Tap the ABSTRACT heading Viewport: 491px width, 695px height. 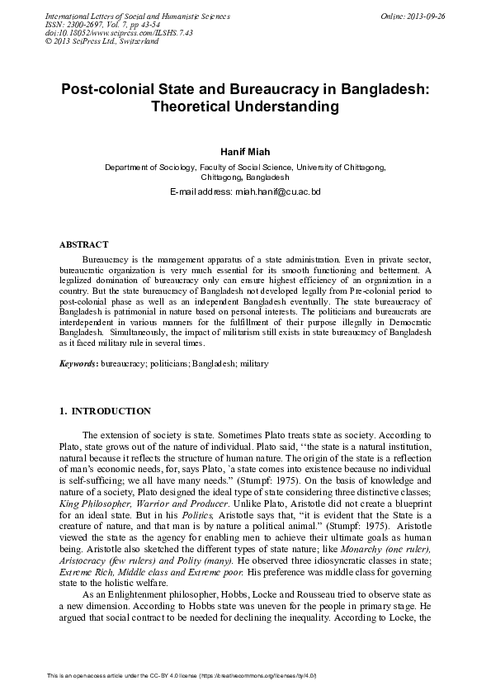click(84, 245)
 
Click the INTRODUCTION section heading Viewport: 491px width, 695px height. click(111, 411)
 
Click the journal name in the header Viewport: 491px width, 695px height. click(126, 17)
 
